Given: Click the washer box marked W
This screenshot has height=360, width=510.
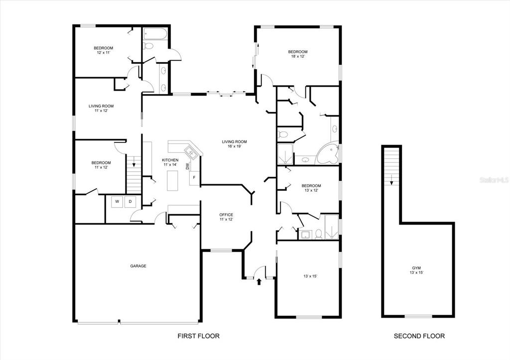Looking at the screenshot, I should (x=118, y=202).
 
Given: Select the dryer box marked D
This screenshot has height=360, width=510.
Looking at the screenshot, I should (x=130, y=202).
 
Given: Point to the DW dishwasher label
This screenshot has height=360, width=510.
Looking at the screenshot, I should (x=187, y=166).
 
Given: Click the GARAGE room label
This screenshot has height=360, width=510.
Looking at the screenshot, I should (x=138, y=266).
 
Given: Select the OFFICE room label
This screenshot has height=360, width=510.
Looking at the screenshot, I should (x=226, y=215).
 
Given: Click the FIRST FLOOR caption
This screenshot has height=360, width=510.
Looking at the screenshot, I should (x=199, y=336).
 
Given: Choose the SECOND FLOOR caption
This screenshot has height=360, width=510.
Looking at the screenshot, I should (x=419, y=336).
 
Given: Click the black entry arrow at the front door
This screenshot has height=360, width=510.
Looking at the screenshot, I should (x=258, y=282).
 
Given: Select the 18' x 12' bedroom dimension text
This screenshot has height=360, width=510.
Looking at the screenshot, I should (x=297, y=57).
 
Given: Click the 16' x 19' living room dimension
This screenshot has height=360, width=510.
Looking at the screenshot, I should (x=234, y=147).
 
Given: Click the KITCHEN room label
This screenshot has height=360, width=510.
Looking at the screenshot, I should (x=170, y=160).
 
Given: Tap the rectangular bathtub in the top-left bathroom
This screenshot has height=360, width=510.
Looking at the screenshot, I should (x=155, y=34).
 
